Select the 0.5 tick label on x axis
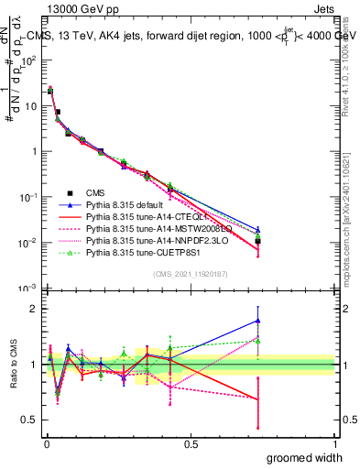pyautogui.click(x=190, y=442)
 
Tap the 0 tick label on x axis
pyautogui.click(x=46, y=442)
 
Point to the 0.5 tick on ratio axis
pyautogui.click(x=29, y=421)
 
